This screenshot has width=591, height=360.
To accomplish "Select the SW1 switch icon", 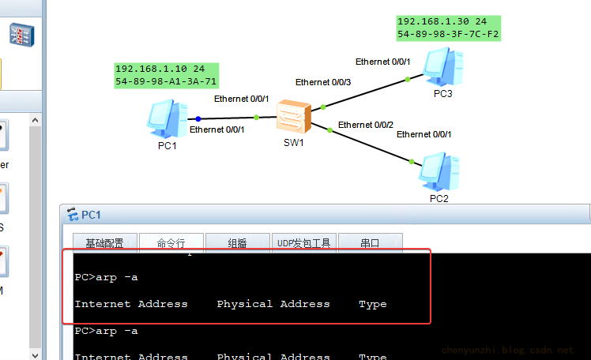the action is coord(294,118).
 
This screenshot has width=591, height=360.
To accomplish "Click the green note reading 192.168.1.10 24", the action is coord(160,69).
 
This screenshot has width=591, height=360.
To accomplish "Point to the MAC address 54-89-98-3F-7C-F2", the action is coord(449,35).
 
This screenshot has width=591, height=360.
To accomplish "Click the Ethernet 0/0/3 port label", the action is coord(323,82).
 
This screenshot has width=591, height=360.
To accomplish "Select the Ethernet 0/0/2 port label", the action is coord(366,125).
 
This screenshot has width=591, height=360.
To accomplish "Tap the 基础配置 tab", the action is coord(104,243).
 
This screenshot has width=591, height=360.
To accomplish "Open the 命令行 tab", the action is coord(171,243).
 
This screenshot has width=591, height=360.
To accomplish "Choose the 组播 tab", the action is coord(237,243).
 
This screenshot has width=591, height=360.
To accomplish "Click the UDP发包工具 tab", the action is coord(304,243).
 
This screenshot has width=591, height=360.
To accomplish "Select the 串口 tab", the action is coord(371,243).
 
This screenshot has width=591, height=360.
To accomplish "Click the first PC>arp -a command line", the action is coord(106,277).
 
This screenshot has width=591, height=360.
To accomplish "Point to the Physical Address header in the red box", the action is coord(273,304).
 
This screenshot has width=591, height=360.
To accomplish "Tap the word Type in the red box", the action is coord(372,304).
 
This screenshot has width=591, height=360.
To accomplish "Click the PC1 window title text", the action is coord(91,215).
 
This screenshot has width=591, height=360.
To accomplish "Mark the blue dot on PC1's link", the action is coord(198,118).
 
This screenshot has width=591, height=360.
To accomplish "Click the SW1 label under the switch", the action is coord(294,143).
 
